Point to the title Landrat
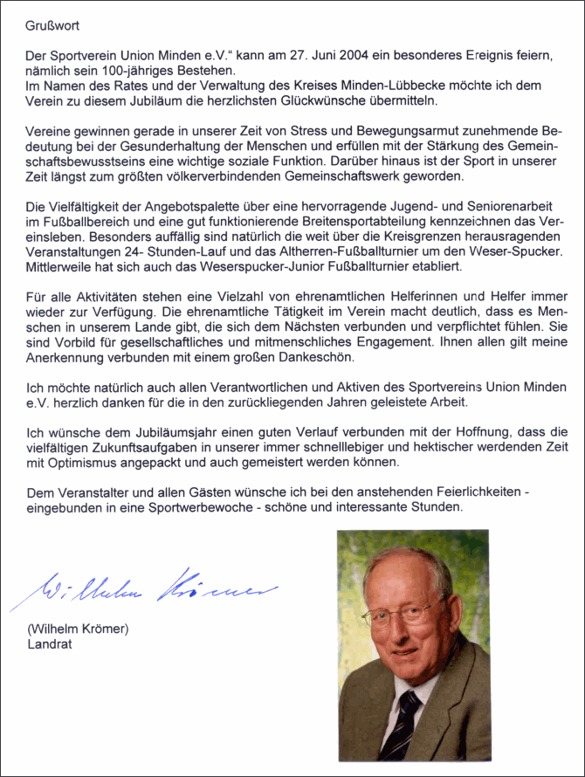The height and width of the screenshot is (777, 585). coord(49,645)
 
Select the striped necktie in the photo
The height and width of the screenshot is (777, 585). coord(403,724)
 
